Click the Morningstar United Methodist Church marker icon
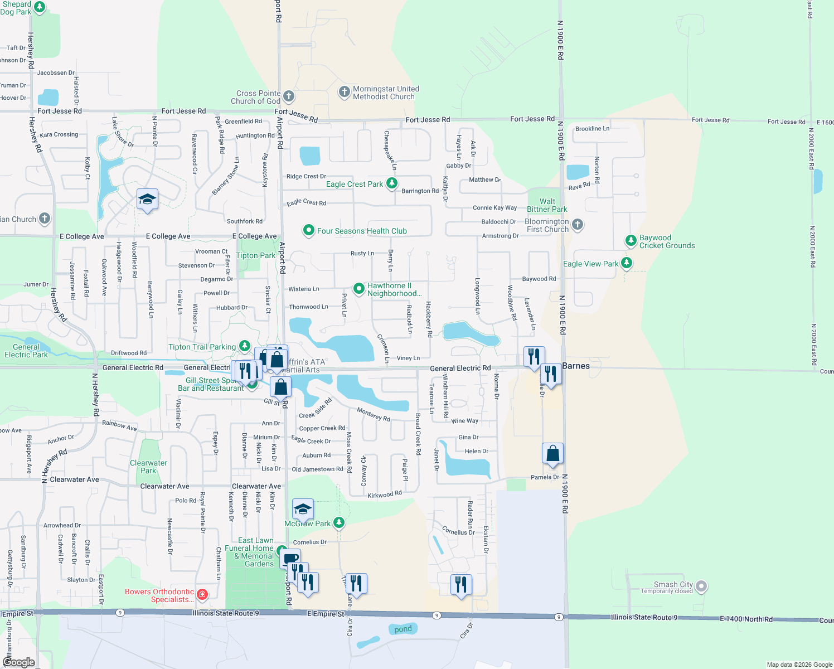(x=345, y=93)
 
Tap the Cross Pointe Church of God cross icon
(x=288, y=96)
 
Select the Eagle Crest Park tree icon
(x=392, y=183)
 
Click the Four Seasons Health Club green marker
(x=308, y=230)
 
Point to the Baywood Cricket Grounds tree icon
(x=631, y=241)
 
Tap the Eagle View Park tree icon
(x=627, y=263)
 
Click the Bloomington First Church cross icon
(x=578, y=225)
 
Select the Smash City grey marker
(x=701, y=586)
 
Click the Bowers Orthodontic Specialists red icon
(x=202, y=595)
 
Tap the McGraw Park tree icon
(x=338, y=523)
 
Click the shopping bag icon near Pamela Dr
(x=552, y=453)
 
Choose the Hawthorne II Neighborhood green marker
(x=359, y=289)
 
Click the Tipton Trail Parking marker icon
(x=244, y=346)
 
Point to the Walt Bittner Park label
(x=547, y=205)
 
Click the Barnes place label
(x=576, y=366)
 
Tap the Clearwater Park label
(x=148, y=467)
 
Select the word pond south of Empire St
(x=403, y=629)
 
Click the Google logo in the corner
(x=18, y=662)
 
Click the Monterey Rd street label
(x=374, y=414)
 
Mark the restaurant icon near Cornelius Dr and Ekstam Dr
(x=460, y=585)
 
